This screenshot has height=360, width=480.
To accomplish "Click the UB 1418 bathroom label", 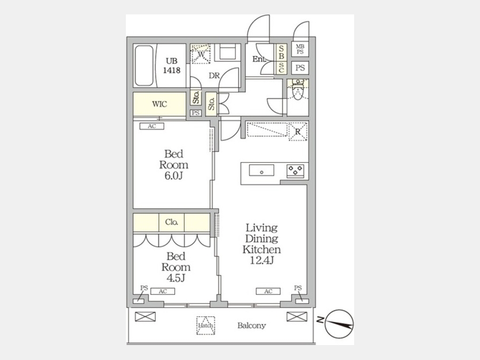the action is (171, 66).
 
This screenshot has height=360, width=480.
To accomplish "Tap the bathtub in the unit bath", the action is (144, 66).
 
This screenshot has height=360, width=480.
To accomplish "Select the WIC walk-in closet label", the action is (159, 104).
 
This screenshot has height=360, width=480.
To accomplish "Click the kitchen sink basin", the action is (261, 170).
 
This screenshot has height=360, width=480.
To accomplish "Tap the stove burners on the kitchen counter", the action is (295, 170).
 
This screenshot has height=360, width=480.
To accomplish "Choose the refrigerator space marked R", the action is (298, 132).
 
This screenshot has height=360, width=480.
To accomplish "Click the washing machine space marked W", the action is (201, 54).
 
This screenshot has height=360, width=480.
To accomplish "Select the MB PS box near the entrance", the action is (300, 50).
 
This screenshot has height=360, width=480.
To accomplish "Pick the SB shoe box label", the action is (281, 52).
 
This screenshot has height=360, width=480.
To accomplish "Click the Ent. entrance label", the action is (259, 59).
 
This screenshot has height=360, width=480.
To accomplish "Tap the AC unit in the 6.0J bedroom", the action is (152, 126).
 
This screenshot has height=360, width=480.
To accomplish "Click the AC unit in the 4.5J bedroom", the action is (163, 291).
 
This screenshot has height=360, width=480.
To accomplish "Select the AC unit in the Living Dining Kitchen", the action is (268, 291).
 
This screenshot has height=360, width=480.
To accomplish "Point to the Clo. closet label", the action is (171, 222).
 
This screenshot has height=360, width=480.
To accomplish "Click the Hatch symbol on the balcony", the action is (205, 325).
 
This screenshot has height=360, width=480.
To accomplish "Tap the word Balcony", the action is (252, 325).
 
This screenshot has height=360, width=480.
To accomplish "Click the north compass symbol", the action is (339, 324).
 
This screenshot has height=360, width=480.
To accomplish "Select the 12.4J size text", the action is (261, 260).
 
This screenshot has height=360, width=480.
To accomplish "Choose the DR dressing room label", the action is (214, 75).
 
